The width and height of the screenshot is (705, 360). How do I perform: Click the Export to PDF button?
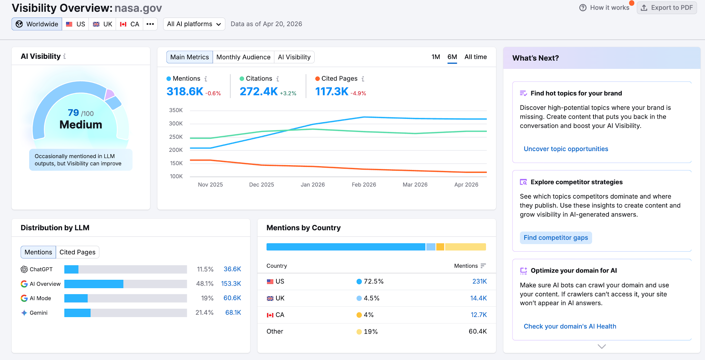(x=667, y=8)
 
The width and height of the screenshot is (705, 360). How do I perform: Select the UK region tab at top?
(x=103, y=24)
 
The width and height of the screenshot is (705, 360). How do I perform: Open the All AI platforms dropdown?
(x=194, y=24)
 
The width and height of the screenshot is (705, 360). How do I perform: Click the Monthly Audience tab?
(x=243, y=57)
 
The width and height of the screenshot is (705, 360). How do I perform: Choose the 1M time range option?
(x=435, y=57)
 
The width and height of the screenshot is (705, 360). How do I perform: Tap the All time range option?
(x=475, y=57)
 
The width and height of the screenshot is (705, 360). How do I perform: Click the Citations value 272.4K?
(x=259, y=92)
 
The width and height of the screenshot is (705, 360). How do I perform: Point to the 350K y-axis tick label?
(x=176, y=110)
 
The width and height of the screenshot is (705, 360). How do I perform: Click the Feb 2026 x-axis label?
(x=364, y=184)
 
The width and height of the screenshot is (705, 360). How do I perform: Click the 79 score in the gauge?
(x=73, y=113)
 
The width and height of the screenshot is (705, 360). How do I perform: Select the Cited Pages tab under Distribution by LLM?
(x=77, y=252)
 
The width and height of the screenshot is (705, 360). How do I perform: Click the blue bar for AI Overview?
(x=94, y=284)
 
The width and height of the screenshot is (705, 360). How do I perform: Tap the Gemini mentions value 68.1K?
(x=233, y=313)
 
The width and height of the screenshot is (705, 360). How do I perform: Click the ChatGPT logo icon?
(x=24, y=269)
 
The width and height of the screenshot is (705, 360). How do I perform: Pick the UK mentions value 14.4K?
(x=478, y=298)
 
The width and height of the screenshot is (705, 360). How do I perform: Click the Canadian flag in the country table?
(x=270, y=315)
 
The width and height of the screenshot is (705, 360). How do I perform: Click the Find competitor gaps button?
(x=556, y=238)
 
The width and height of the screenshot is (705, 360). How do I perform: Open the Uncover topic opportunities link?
(x=566, y=149)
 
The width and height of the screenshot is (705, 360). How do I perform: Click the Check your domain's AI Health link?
(x=570, y=326)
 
